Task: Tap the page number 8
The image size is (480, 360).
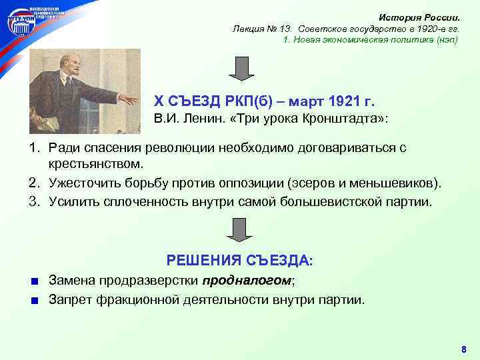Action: (x=464, y=350)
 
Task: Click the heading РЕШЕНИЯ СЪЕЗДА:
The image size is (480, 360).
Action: (x=239, y=260)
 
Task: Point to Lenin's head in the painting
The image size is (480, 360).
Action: (x=67, y=65)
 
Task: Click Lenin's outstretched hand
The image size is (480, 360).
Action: (x=126, y=100)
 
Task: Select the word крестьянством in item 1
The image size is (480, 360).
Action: (x=96, y=163)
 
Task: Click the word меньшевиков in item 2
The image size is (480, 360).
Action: (x=397, y=182)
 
